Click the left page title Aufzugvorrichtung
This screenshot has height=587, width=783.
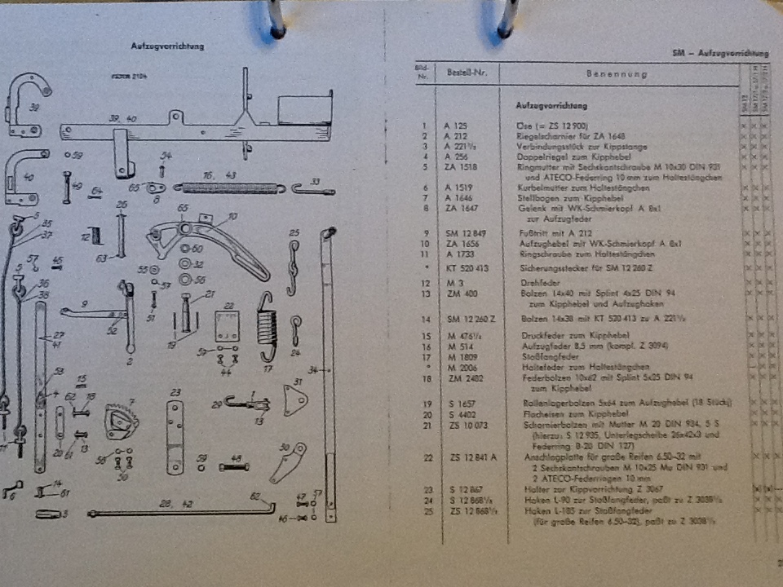pos(167,46)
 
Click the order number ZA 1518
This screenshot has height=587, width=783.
pos(460,168)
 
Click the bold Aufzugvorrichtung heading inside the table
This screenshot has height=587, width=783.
pos(551,106)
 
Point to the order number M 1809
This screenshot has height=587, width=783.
pos(458,356)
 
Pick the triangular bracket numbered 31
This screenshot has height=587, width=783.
pos(294,400)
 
